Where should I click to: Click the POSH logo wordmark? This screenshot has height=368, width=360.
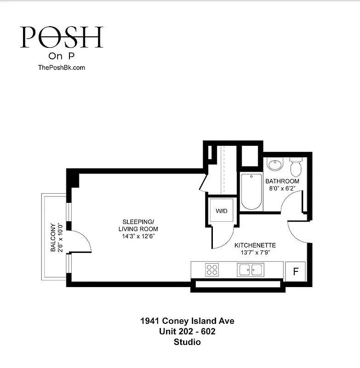[x=61, y=38]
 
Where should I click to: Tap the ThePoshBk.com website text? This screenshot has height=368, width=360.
[x=61, y=67]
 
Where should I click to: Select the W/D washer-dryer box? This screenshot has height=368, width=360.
[x=222, y=211]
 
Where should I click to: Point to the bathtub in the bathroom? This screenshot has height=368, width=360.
[x=251, y=191]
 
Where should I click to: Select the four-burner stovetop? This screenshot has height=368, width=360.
[x=211, y=269]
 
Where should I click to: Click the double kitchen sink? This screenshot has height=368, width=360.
[x=250, y=269]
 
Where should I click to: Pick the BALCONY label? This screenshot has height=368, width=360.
[x=53, y=237]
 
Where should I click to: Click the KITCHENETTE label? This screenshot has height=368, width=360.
[x=255, y=246]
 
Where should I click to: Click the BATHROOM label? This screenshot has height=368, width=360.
[x=282, y=181]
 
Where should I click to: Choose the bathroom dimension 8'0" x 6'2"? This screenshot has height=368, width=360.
[x=282, y=189]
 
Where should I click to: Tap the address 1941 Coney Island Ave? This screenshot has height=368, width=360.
[x=187, y=321]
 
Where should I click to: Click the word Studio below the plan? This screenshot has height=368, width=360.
[x=187, y=342]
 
